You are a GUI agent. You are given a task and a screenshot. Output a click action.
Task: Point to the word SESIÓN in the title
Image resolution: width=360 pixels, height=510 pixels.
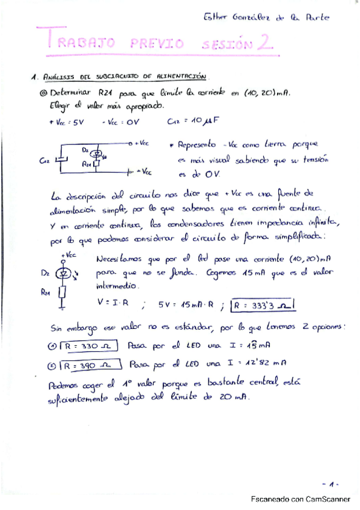(224, 44)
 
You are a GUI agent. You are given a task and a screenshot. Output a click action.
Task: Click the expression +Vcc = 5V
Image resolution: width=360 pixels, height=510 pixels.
(66, 123)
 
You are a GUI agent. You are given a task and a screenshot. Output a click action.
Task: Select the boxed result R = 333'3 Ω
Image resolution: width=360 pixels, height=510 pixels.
(261, 304)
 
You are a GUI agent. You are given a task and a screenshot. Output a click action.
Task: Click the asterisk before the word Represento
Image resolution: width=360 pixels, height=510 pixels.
(172, 146)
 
